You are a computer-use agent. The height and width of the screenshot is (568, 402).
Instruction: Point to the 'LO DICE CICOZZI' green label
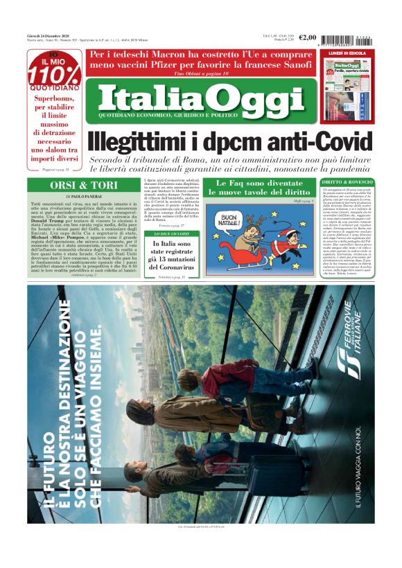click(x=171, y=234)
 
